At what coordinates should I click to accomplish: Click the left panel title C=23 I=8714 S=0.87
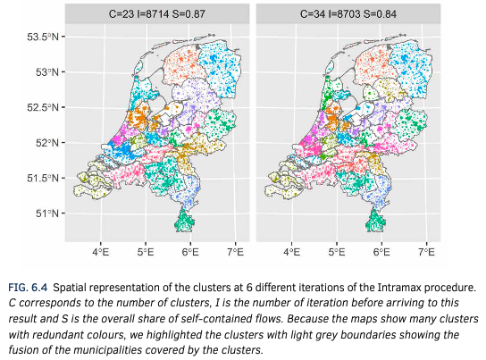tap(157, 14)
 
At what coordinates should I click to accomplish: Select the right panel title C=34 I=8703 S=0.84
tap(348, 14)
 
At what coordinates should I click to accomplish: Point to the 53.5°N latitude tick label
tap(43, 38)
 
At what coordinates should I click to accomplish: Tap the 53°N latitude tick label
tap(47, 72)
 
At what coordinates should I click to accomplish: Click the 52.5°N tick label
tap(43, 107)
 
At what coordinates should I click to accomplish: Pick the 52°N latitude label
tap(47, 143)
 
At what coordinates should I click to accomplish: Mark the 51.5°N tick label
tap(43, 178)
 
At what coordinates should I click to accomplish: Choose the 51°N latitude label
tap(47, 213)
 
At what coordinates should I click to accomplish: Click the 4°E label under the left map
tap(101, 252)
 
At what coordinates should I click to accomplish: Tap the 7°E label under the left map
tap(235, 252)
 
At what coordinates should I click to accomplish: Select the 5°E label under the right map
tap(337, 252)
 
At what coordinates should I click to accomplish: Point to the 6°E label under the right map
tap(381, 252)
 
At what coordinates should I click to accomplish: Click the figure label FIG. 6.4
tap(28, 288)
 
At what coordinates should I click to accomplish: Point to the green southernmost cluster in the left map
tap(184, 222)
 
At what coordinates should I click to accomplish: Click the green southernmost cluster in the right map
tap(375, 222)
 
